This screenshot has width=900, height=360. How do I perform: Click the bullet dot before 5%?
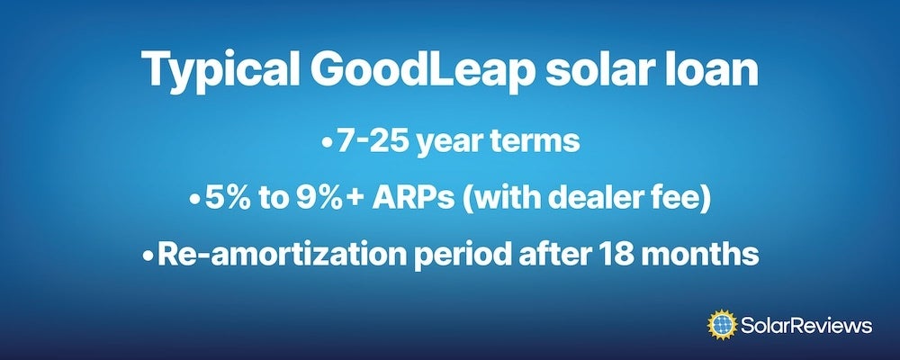[194, 200]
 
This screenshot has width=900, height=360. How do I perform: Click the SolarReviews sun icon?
[722, 325]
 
